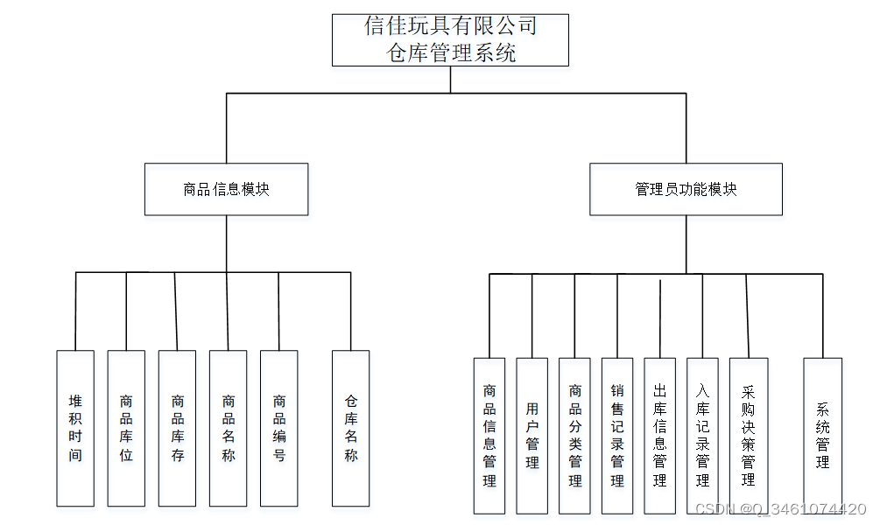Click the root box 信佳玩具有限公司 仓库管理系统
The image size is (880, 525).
point(450,39)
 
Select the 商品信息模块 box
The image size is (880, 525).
point(226,189)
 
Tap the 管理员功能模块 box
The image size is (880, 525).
point(686,189)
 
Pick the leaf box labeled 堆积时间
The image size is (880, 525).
point(75,428)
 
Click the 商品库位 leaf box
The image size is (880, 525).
point(126,428)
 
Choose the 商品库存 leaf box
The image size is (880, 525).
point(177,428)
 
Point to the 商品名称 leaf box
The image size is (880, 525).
point(228,428)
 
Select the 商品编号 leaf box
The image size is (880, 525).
point(278,428)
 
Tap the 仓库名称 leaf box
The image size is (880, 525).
point(350,428)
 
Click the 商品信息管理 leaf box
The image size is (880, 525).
point(489,435)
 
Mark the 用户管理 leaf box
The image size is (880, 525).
point(532,435)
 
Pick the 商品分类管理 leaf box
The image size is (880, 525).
point(575,435)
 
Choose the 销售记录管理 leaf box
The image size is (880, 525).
point(617,435)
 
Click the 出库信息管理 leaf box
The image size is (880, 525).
point(659,435)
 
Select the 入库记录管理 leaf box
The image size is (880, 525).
point(702,435)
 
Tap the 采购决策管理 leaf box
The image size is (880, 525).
point(748,435)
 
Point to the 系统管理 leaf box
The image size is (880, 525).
point(822,435)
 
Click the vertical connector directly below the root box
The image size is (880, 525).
point(450,80)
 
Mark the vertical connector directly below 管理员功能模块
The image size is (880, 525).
point(686,244)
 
